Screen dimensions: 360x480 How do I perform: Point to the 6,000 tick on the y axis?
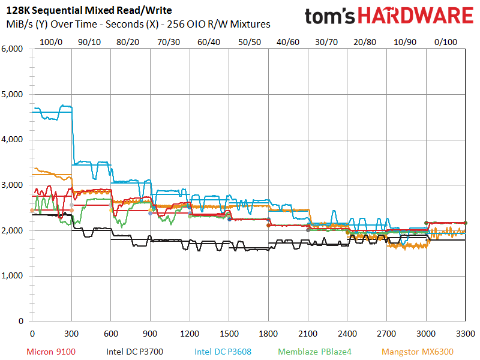[13, 49]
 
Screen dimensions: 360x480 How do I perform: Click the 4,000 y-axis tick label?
[13, 140]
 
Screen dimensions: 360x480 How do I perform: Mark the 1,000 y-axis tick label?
[13, 276]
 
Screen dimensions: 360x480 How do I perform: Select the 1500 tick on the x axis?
[229, 332]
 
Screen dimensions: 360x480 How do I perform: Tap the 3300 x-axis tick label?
[466, 332]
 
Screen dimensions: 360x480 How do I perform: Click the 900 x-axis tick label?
[150, 332]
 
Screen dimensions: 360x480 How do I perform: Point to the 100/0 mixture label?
[50, 42]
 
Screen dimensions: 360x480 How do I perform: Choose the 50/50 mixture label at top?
[249, 42]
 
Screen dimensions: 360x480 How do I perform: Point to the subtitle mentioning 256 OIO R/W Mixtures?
[138, 25]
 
